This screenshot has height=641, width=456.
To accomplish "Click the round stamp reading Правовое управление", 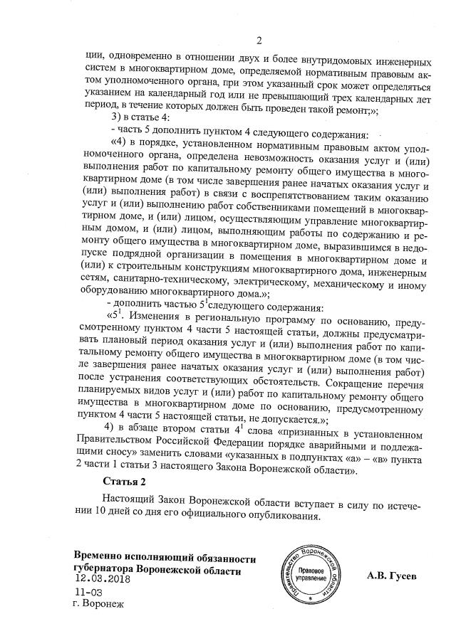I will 312,573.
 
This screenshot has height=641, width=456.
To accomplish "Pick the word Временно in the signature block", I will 102,557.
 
